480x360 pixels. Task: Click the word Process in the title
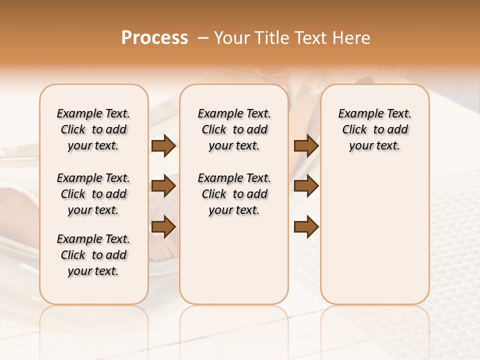(154, 38)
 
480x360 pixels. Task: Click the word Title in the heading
(270, 38)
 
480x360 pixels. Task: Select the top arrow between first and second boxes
(163, 146)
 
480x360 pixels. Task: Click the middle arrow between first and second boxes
(163, 186)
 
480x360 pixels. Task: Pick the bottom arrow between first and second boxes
(163, 226)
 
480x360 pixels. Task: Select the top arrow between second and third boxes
(306, 146)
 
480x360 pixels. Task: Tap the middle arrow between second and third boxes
(306, 186)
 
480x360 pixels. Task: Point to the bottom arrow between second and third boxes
(306, 226)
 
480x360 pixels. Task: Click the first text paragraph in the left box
(93, 129)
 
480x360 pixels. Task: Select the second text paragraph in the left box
(93, 194)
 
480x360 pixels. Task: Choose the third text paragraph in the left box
(93, 255)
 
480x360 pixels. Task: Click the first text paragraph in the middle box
(234, 129)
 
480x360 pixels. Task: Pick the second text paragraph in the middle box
(234, 194)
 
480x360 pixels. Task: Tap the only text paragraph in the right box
(375, 129)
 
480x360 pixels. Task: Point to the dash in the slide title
(203, 38)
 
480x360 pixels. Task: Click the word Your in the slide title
(231, 38)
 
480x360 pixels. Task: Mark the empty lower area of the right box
(375, 240)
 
